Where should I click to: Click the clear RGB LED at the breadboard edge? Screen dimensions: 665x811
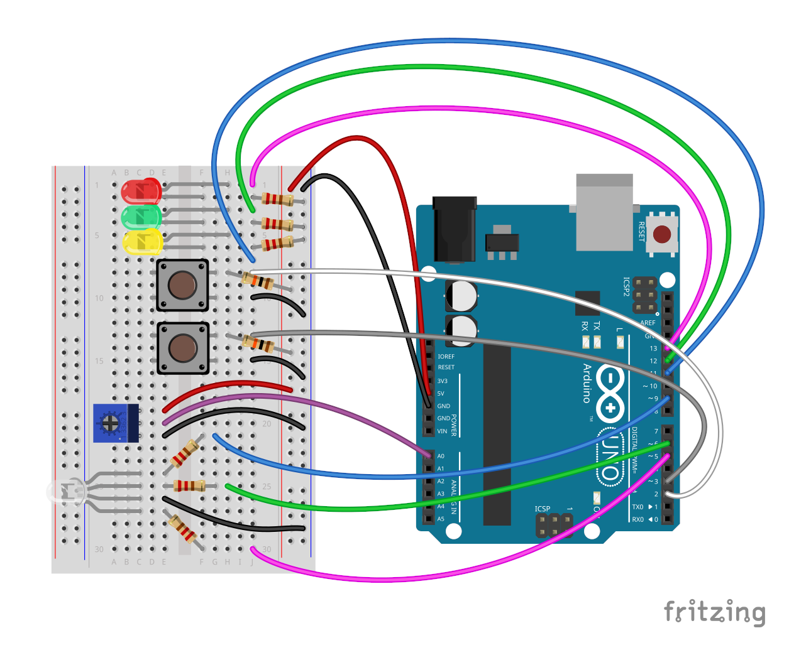pyautogui.click(x=65, y=492)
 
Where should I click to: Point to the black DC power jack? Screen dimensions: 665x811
pyautogui.click(x=454, y=227)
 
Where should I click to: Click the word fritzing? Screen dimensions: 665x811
pyautogui.click(x=714, y=612)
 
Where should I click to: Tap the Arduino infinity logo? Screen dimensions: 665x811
pyautogui.click(x=610, y=392)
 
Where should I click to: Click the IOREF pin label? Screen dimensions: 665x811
pyautogui.click(x=446, y=357)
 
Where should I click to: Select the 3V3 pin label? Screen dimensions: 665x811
pyautogui.click(x=442, y=381)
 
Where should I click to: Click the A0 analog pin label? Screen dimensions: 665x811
pyautogui.click(x=441, y=457)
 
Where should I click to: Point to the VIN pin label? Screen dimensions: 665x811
pyautogui.click(x=442, y=431)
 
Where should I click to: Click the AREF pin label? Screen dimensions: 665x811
pyautogui.click(x=648, y=323)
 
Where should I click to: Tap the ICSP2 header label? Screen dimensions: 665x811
pyautogui.click(x=626, y=286)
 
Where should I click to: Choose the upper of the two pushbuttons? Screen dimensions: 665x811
pyautogui.click(x=182, y=285)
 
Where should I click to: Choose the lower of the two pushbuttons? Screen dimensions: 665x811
pyautogui.click(x=182, y=348)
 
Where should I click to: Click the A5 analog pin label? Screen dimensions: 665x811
pyautogui.click(x=441, y=519)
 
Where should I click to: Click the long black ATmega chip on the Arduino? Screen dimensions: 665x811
pyautogui.click(x=497, y=433)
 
